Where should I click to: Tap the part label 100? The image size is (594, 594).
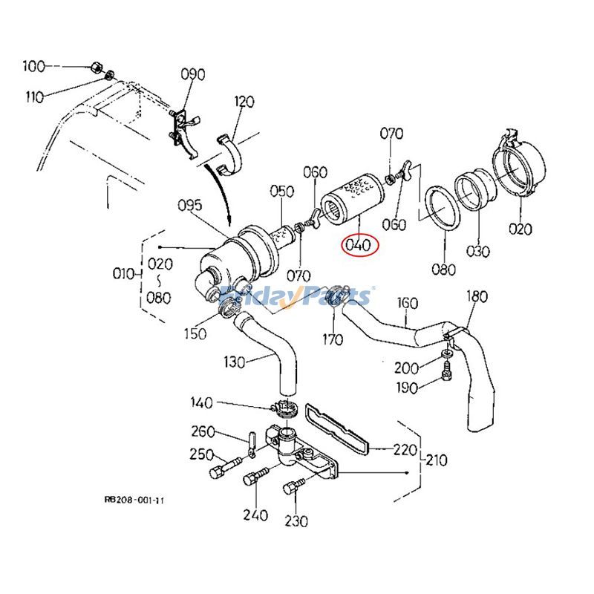click(x=33, y=67)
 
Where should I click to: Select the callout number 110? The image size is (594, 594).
click(x=34, y=97)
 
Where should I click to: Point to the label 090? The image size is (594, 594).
click(x=192, y=74)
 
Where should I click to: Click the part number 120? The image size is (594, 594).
click(x=244, y=101)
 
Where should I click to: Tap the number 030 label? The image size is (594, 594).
click(x=478, y=251)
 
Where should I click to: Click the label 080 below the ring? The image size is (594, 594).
click(x=443, y=269)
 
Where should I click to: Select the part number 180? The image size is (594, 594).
click(x=477, y=297)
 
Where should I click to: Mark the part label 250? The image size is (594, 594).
click(x=203, y=454)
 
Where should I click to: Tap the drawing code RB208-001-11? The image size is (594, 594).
click(x=134, y=500)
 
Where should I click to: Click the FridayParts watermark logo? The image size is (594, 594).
click(x=297, y=296)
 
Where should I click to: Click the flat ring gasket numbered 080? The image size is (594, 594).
click(x=440, y=209)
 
